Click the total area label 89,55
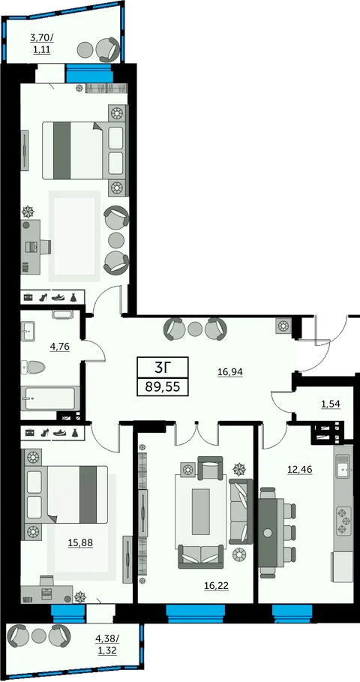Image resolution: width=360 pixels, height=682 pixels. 163,386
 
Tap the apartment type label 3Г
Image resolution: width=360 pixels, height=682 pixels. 163,368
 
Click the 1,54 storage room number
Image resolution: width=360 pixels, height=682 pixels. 331,404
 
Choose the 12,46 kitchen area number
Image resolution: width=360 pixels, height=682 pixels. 299,470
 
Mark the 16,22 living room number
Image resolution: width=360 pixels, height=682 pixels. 216,586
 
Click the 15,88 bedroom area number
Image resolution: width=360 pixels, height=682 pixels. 80,542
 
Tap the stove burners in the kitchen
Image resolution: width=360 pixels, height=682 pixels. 344,520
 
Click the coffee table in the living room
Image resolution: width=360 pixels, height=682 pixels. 201,511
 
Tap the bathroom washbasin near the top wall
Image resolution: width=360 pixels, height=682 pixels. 28,332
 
